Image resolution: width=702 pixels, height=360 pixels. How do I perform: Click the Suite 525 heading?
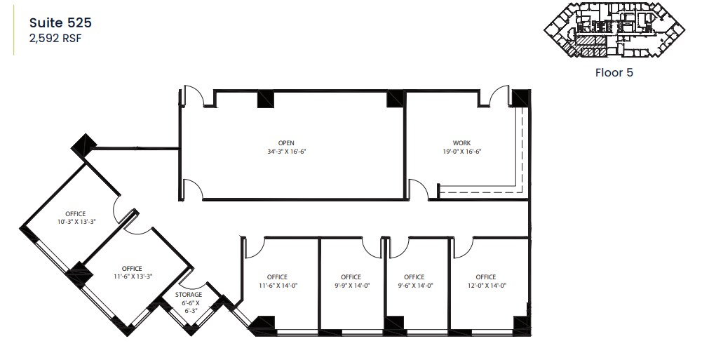[x=60, y=22]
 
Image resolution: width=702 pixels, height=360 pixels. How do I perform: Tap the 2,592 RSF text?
[x=55, y=39]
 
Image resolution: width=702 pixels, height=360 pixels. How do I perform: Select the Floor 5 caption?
[x=614, y=72]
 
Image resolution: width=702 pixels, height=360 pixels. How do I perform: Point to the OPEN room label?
[x=286, y=142]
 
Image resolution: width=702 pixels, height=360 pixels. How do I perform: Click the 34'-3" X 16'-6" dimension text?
[x=286, y=151]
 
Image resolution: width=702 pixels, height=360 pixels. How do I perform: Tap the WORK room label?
[x=461, y=142]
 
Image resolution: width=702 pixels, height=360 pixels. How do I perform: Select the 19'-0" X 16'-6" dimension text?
[x=461, y=151]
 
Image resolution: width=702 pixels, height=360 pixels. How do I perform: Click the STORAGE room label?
[x=189, y=295]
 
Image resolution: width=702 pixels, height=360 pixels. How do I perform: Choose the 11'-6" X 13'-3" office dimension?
[x=131, y=276]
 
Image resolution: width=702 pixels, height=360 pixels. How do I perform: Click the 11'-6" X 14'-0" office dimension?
[x=277, y=286]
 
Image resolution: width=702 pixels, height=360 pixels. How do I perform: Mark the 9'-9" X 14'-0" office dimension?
[x=351, y=286]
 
